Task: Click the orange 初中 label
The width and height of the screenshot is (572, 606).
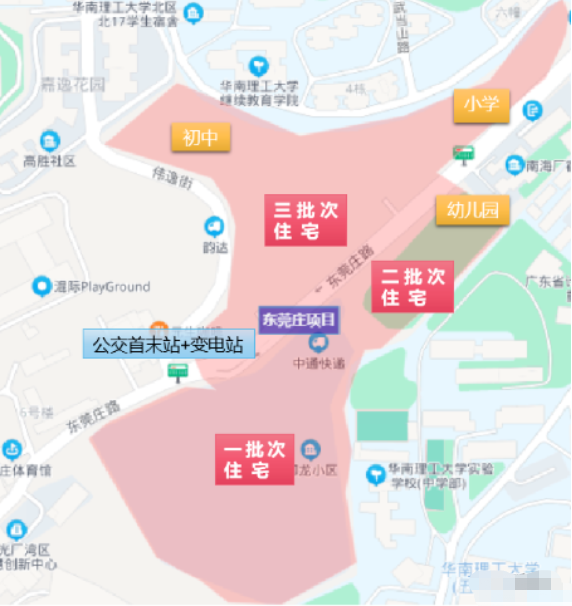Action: [x=200, y=137]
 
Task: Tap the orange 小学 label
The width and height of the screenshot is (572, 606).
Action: [x=481, y=104]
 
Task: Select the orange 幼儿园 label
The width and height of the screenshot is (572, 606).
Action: [x=472, y=209]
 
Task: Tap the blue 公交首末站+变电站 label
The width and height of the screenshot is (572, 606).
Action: [x=169, y=345]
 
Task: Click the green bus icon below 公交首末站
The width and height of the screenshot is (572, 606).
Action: [x=179, y=373]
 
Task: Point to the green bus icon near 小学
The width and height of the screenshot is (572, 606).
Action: [x=463, y=154]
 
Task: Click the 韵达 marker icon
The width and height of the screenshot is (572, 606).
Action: [x=213, y=226]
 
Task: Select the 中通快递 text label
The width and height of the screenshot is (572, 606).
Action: [x=319, y=364]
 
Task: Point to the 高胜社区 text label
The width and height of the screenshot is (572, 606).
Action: [x=49, y=161]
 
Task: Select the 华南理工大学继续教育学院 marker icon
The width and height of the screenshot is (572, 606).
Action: [x=259, y=67]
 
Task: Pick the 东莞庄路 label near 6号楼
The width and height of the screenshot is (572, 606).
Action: [x=93, y=418]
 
